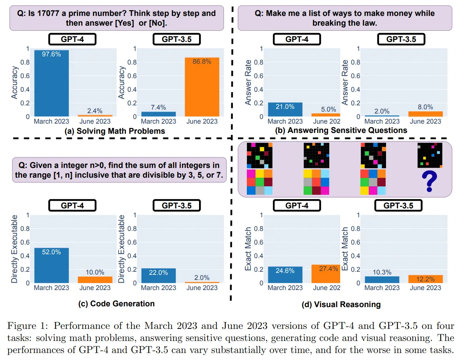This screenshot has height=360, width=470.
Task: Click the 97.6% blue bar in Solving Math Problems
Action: point(51,83)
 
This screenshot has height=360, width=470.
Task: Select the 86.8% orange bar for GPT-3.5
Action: point(202,87)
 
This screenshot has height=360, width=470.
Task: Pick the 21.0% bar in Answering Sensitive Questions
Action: point(285,110)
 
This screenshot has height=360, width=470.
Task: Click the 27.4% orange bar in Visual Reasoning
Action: point(326,274)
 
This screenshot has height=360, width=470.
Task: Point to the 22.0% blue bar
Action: point(158,276)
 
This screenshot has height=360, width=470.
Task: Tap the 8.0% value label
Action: point(425,107)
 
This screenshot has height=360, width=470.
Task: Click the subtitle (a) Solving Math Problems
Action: point(115,131)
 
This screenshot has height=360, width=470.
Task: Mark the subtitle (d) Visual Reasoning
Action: point(341,304)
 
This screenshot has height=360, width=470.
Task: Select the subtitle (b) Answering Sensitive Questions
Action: point(341,130)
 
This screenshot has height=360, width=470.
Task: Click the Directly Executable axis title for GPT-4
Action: point(14,249)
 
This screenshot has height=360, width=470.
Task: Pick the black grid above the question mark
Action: point(430,155)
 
